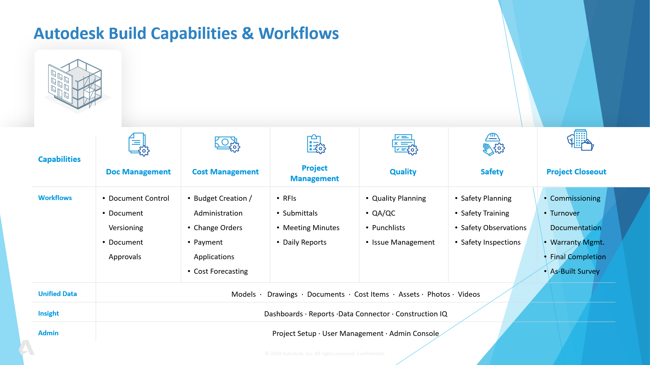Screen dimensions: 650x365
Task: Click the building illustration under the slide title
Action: pyautogui.click(x=77, y=86)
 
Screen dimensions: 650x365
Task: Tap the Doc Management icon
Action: pyautogui.click(x=139, y=144)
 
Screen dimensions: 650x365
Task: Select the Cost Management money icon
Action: pyautogui.click(x=227, y=144)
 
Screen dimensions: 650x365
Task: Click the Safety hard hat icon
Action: pyautogui.click(x=493, y=144)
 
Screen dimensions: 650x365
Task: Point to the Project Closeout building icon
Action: pyautogui.click(x=580, y=140)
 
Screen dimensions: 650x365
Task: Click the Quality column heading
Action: pyautogui.click(x=403, y=172)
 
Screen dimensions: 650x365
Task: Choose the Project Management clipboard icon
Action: pyautogui.click(x=316, y=144)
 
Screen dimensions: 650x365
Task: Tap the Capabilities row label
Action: pyautogui.click(x=59, y=159)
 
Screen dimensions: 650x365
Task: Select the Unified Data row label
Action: pyautogui.click(x=58, y=294)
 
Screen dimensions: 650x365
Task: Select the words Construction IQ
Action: pyautogui.click(x=421, y=314)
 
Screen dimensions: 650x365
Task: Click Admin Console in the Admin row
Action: pyautogui.click(x=414, y=334)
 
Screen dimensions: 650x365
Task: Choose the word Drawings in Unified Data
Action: pyautogui.click(x=282, y=294)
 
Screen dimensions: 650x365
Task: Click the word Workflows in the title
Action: pyautogui.click(x=299, y=33)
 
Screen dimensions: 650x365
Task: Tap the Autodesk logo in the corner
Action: pyautogui.click(x=26, y=347)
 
